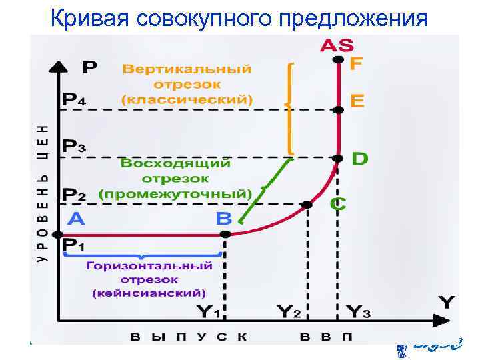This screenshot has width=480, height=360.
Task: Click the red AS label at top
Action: pos(337,45)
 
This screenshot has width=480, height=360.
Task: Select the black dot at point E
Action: pos(338,109)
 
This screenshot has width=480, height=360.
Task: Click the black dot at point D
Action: pos(338,158)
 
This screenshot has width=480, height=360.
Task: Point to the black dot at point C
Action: pos(307,205)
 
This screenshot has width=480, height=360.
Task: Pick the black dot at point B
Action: pos(225,234)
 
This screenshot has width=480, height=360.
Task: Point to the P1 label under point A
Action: pos(73,246)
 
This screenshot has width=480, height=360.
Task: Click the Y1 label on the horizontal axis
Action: pos(211,311)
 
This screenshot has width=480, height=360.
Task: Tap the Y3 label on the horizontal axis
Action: pos(359,311)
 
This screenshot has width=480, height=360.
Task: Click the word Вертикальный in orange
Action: pos(187,69)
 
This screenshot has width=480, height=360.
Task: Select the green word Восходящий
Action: pos(175,163)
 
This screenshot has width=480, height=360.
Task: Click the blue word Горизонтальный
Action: pos(149,265)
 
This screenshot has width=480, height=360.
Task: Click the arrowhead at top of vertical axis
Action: pos(59,67)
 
